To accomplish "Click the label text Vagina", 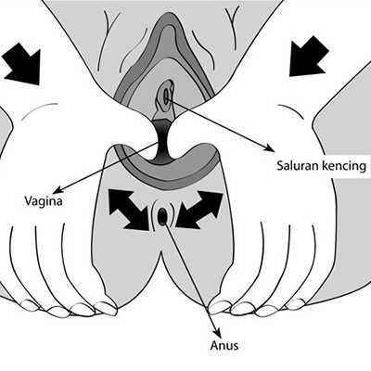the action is click(x=44, y=202).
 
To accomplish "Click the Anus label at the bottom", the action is click(x=224, y=345).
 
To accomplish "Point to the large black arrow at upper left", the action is click(x=22, y=63).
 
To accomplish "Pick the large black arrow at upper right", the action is click(x=309, y=56).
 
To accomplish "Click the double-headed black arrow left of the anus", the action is click(x=129, y=210).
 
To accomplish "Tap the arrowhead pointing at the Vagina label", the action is click(x=58, y=189).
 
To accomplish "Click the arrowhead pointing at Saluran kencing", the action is click(x=270, y=147).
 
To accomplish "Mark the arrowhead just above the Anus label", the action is click(x=217, y=333).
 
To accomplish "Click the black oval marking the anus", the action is click(x=162, y=216).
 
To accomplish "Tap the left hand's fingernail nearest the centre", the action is click(x=106, y=309).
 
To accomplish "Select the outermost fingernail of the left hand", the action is click(x=30, y=305).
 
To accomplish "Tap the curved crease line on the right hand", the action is click(x=291, y=110).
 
